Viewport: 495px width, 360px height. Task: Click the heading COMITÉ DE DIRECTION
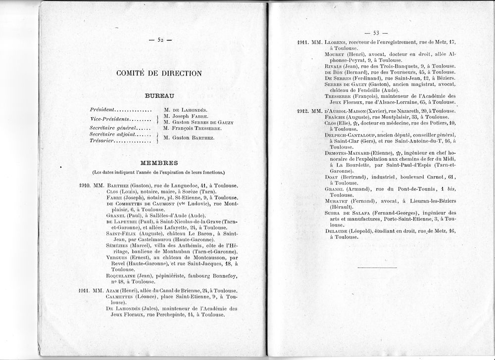[159, 73]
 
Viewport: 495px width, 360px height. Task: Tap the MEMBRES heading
[159, 163]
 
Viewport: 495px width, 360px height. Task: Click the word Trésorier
[102, 141]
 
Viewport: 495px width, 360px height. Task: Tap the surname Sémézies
[118, 246]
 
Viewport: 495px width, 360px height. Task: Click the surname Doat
[332, 177]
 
